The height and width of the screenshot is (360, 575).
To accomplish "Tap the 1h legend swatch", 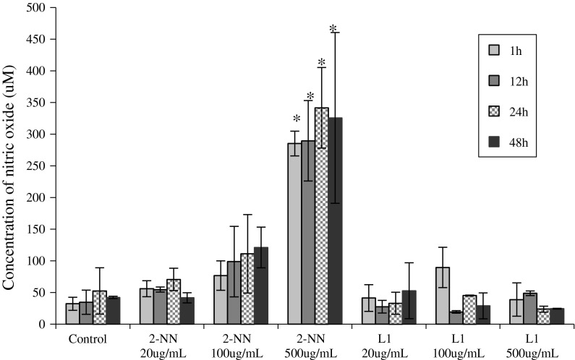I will pyautogui.click(x=494, y=50).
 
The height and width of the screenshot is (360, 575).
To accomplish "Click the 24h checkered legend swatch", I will pyautogui.click(x=494, y=112).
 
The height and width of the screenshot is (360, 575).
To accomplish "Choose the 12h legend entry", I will pyautogui.click(x=520, y=81).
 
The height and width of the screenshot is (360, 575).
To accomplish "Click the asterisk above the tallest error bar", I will pyautogui.click(x=333, y=29).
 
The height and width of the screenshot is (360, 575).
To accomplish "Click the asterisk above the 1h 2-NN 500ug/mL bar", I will pyautogui.click(x=296, y=120).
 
